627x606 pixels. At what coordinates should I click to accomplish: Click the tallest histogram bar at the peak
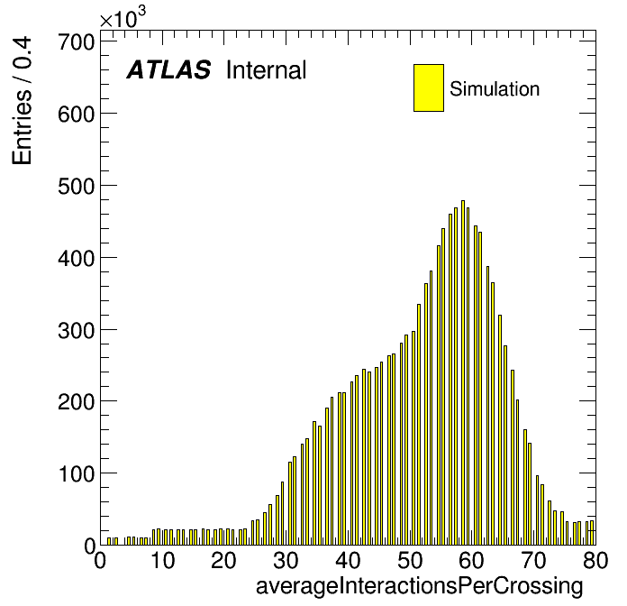[x=463, y=372]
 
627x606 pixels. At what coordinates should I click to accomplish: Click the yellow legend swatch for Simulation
[x=429, y=87]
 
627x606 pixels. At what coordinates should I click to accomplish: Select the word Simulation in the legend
[x=495, y=88]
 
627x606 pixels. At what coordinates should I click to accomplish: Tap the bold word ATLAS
[x=168, y=69]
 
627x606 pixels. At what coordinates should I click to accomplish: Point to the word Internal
[x=267, y=69]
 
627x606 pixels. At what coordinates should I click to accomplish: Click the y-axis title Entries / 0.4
[x=22, y=100]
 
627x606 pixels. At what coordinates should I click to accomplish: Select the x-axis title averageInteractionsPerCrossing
[x=420, y=586]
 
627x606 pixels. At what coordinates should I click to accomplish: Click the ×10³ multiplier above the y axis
[x=123, y=18]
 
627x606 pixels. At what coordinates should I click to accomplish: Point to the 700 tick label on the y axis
[x=77, y=41]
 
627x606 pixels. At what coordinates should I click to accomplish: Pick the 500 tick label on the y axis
[x=77, y=186]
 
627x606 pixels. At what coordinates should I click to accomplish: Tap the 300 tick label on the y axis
[x=77, y=330]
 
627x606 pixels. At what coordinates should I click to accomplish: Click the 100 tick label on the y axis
[x=77, y=474]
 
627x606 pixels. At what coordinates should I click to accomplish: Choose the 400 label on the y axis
[x=77, y=258]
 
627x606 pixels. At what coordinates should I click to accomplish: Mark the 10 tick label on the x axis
[x=162, y=560]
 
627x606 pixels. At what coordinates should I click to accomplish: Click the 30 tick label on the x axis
[x=286, y=560]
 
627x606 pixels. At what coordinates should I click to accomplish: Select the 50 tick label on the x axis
[x=410, y=560]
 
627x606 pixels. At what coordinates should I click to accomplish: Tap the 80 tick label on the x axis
[x=595, y=560]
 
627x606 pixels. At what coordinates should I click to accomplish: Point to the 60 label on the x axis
[x=471, y=560]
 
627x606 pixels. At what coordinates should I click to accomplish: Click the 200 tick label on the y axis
[x=77, y=402]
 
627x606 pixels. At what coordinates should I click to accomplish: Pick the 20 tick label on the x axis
[x=223, y=560]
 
